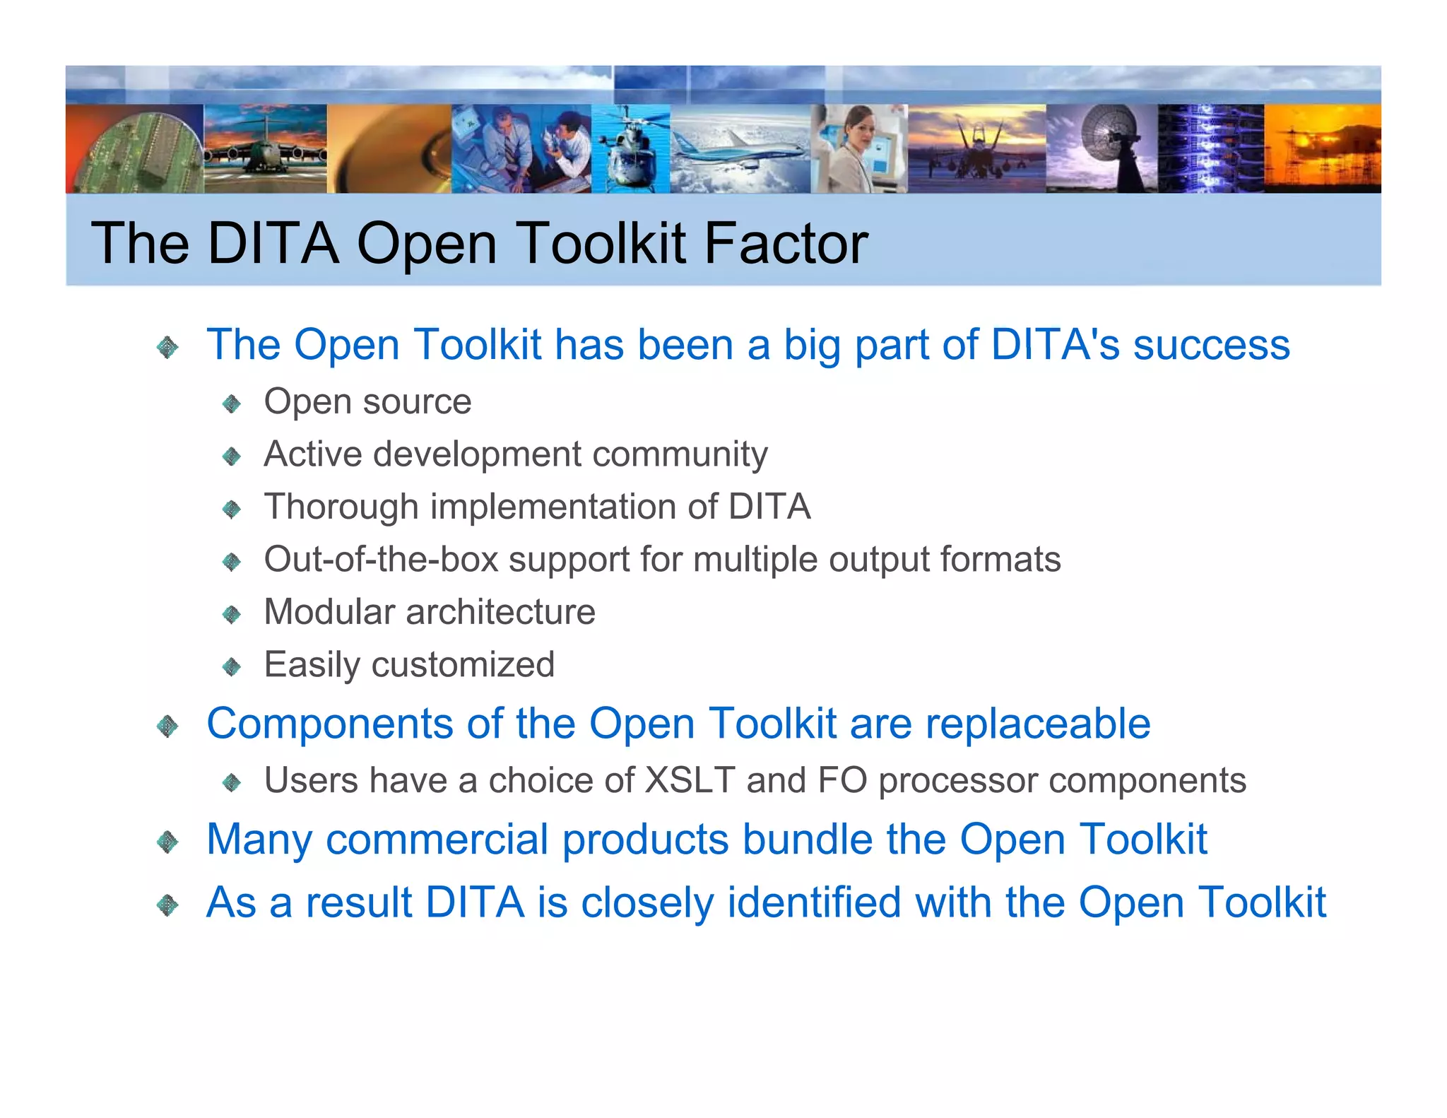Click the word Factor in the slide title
[x=786, y=243]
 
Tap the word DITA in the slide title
[x=273, y=243]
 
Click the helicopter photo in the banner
[x=630, y=149]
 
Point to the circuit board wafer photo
[x=134, y=152]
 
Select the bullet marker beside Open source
[x=232, y=404]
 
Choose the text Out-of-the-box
[x=381, y=559]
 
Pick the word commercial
[x=437, y=840]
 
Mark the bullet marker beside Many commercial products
[x=167, y=842]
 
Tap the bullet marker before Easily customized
[x=232, y=666]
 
